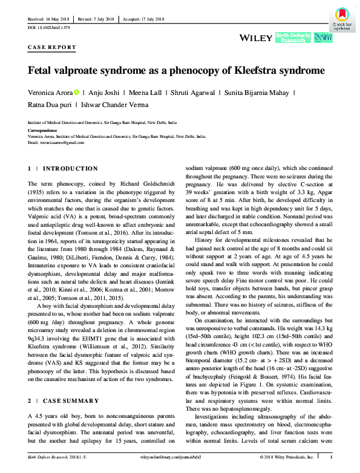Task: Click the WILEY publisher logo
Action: [x=256, y=38]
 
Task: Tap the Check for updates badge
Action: [x=342, y=19]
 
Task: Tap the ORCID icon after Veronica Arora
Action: [x=77, y=93]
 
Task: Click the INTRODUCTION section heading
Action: [x=70, y=168]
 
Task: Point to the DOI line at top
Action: [x=49, y=28]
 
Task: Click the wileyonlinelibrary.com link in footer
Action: [x=181, y=466]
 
